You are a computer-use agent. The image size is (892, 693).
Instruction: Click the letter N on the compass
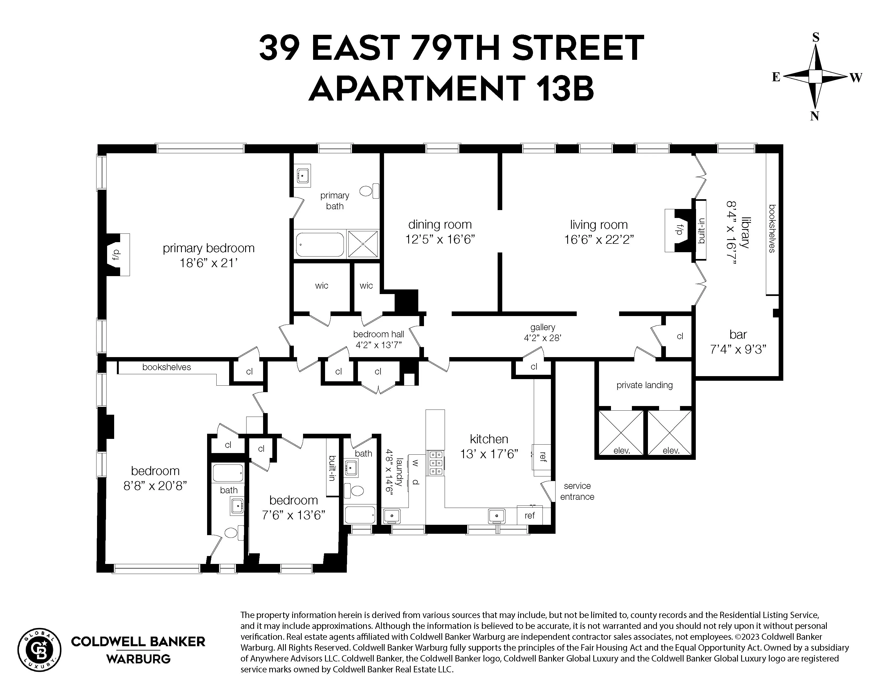(814, 116)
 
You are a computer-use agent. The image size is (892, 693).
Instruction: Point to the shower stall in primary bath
(363, 244)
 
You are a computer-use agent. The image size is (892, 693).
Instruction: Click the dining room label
(440, 224)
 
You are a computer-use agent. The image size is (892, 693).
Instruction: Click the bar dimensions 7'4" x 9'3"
(738, 349)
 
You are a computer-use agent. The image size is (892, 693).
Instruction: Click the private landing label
(644, 385)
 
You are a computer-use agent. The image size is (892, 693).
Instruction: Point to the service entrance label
(577, 491)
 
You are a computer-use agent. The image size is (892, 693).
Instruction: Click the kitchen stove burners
(435, 463)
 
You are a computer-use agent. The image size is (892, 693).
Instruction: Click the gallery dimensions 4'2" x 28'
(542, 338)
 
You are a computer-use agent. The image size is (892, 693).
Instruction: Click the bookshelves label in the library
(772, 229)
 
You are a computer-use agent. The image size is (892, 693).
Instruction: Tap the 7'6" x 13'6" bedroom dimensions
(293, 515)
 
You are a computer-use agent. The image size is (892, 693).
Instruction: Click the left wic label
(322, 285)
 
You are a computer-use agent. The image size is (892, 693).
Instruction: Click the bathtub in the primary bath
(320, 245)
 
